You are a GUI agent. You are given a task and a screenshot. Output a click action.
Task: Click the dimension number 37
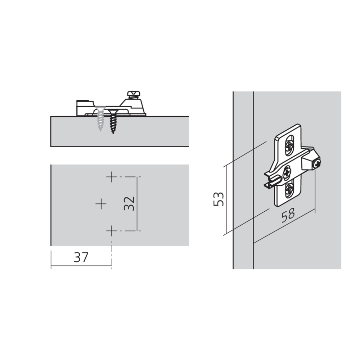coord(81,258)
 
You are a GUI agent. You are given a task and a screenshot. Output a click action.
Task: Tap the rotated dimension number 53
coord(218,199)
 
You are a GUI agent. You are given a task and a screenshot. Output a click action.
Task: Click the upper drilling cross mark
coord(112,177)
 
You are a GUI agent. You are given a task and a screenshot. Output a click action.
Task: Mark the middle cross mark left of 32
coord(102,204)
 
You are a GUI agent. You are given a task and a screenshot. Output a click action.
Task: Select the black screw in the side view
coord(113,121)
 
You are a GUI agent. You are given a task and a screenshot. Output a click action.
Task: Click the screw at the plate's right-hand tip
coord(316,164)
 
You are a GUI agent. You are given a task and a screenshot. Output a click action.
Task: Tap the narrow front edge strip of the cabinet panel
coord(243,180)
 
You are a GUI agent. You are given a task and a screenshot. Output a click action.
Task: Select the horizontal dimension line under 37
coord(81,266)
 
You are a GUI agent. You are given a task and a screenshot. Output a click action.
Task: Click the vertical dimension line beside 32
coord(137,204)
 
